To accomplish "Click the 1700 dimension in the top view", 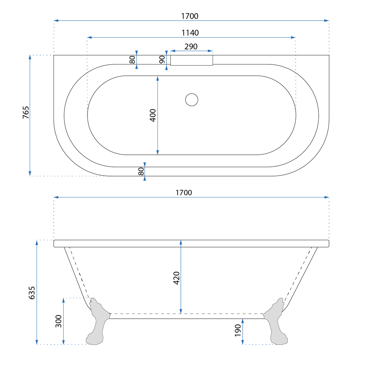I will pos(190,16).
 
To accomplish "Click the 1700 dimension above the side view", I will pos(184,193).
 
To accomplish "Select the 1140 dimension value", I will pos(190,33).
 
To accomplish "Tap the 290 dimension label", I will pos(191,46).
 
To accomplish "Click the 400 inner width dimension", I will pos(153,115).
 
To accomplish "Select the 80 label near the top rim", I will pos(132,60).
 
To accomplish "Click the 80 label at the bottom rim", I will pos(141,171).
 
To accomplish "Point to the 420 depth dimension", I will pos(176,278).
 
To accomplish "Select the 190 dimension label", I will pos(238,330).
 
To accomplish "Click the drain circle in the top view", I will pos(191,100).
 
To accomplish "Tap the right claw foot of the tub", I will pos(277,322).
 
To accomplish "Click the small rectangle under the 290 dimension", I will pos(192,60).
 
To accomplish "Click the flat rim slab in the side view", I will pos(191,243).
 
